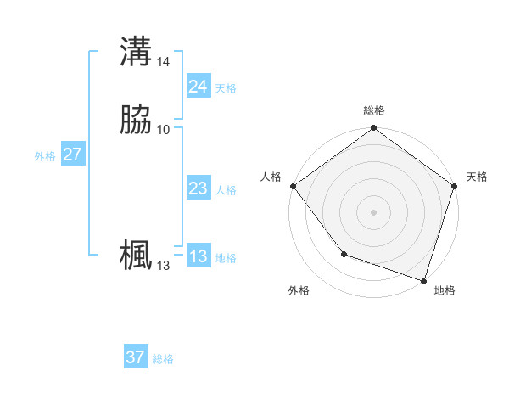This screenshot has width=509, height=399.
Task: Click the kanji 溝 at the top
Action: click(x=136, y=52)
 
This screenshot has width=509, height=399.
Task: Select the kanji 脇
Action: click(x=136, y=120)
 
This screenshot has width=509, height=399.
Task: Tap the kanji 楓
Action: click(x=136, y=256)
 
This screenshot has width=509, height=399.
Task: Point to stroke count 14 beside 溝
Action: click(x=164, y=62)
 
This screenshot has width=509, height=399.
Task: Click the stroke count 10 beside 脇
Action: click(x=164, y=129)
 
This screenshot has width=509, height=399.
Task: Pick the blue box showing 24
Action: click(x=198, y=87)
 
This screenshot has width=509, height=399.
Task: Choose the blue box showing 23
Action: click(x=198, y=189)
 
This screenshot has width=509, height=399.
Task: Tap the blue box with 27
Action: click(x=72, y=155)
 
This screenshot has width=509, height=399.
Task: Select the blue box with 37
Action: click(x=136, y=357)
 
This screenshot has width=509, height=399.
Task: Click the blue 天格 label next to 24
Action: click(x=226, y=88)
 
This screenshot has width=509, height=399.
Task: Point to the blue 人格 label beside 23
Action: click(x=226, y=190)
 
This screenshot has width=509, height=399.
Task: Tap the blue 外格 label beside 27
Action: click(x=45, y=156)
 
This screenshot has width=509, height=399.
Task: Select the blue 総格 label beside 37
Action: click(x=163, y=359)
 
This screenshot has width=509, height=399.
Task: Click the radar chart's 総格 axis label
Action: click(x=374, y=110)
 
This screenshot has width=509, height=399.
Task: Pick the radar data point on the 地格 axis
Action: click(x=423, y=279)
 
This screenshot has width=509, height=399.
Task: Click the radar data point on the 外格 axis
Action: click(x=344, y=254)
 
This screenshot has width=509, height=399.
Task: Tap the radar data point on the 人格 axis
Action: click(x=294, y=186)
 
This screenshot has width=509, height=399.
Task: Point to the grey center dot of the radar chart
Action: click(x=374, y=211)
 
